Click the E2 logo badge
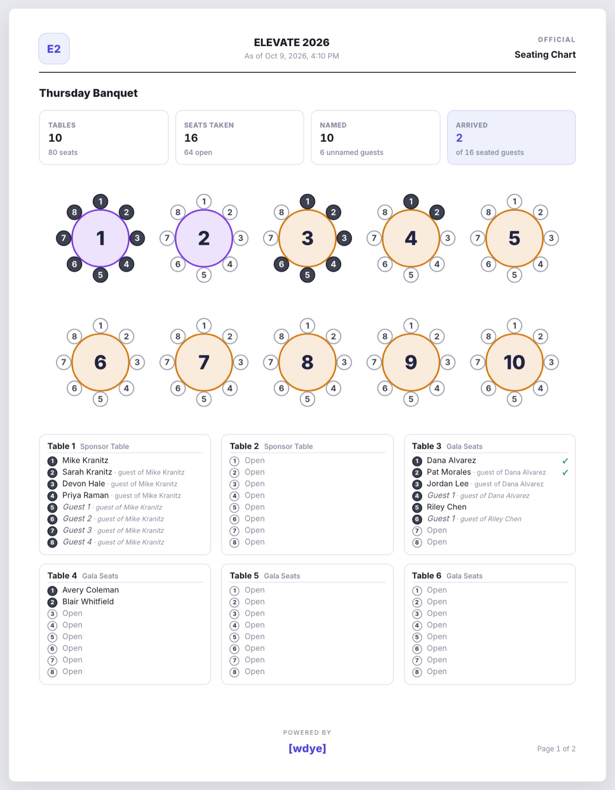[x=54, y=49]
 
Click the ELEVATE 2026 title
[x=292, y=43]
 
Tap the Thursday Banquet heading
[x=88, y=93]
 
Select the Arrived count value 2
[x=459, y=138]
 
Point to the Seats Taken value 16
[x=191, y=138]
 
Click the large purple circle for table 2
[x=204, y=238]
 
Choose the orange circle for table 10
[x=514, y=362]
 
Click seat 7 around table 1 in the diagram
[x=64, y=238]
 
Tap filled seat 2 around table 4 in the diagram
[x=437, y=212]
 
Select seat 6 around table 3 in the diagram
[x=282, y=264]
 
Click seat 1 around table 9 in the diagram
[x=411, y=325]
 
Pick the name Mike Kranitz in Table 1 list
[x=85, y=460]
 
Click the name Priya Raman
[x=85, y=495]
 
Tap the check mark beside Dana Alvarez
[x=565, y=461]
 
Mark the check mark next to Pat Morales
[x=565, y=473]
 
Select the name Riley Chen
[x=447, y=507]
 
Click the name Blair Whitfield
[x=88, y=602]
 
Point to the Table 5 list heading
[x=265, y=576]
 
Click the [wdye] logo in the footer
[x=307, y=748]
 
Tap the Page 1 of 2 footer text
[x=556, y=749]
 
